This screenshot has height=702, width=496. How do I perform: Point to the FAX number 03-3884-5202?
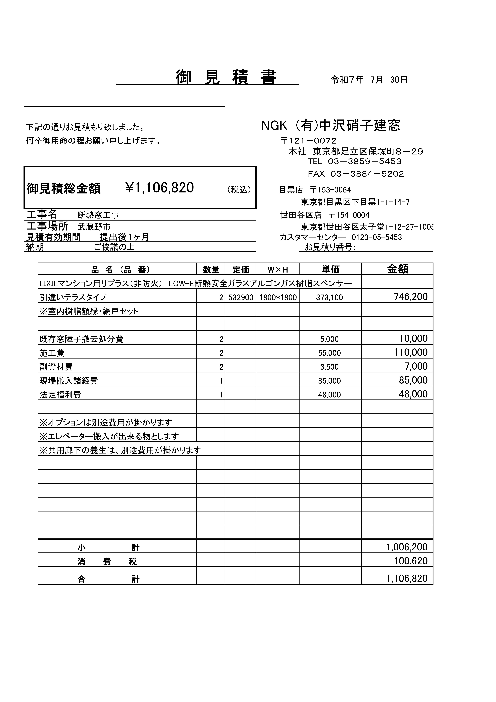click(367, 174)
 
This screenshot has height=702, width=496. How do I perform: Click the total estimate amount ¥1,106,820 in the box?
click(160, 187)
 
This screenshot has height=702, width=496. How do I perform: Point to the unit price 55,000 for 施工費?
click(329, 353)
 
